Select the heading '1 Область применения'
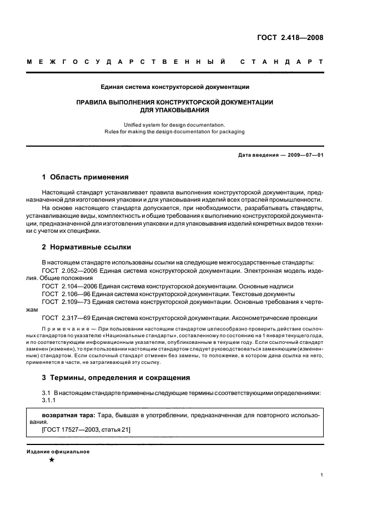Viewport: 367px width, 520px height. (x=86, y=178)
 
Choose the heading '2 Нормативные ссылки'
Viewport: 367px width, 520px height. (x=86, y=247)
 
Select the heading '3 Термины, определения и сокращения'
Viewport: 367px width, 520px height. (x=116, y=378)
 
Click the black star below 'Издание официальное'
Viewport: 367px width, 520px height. (x=52, y=460)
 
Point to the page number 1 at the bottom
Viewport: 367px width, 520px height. (x=322, y=475)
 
